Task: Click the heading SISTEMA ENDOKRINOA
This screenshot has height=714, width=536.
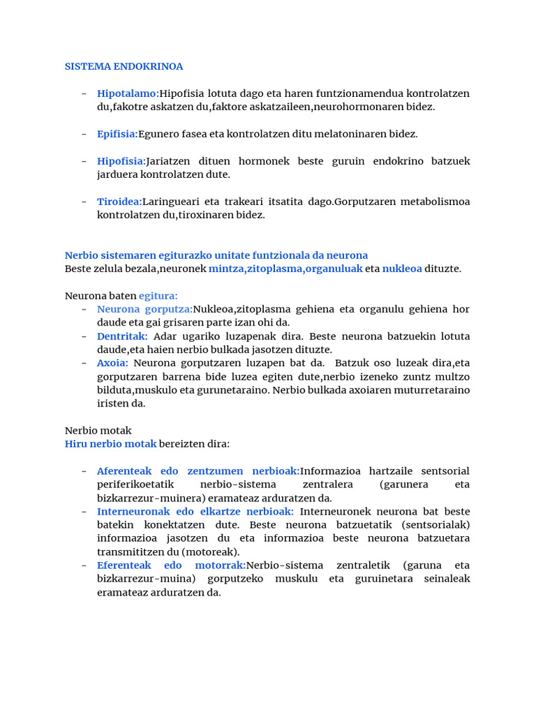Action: coord(124,67)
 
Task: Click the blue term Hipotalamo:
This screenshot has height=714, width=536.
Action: coord(128,93)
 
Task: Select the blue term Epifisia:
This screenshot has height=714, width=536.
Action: coord(117,134)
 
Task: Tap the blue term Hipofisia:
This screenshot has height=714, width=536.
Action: coord(121,161)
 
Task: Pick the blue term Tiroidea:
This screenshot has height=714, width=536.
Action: coord(119,202)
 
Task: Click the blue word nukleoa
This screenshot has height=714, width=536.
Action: coord(402,269)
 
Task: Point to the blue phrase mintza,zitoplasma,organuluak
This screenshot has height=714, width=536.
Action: coord(285,269)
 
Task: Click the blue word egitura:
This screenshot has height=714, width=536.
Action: coord(158,296)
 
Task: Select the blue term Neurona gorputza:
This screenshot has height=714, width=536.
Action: coord(144,309)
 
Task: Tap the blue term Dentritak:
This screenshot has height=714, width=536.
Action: coord(122,336)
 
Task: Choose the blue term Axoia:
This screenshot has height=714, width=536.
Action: coord(112,363)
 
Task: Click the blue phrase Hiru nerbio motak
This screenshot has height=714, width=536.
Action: coord(110,444)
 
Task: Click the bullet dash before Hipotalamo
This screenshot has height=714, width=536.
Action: coord(84,93)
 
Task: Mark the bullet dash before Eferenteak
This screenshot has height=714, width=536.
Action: coord(84,565)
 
